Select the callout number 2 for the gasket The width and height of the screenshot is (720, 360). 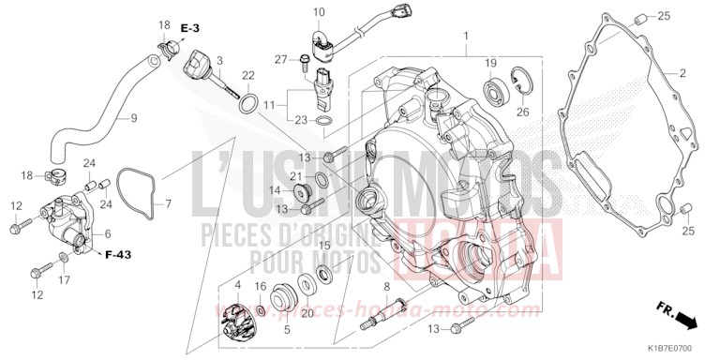tap(682, 72)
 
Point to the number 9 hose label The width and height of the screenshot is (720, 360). tap(133, 118)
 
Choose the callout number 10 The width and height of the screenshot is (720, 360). tap(318, 12)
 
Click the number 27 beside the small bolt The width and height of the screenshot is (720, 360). tap(280, 60)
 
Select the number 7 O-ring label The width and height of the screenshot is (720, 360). tap(169, 203)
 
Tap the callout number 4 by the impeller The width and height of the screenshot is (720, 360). tap(237, 284)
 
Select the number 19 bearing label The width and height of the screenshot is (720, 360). tap(489, 62)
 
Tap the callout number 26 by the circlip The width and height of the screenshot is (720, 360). tap(523, 112)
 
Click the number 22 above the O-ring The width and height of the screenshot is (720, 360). tap(248, 76)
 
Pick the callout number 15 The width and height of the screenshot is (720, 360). tap(325, 245)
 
